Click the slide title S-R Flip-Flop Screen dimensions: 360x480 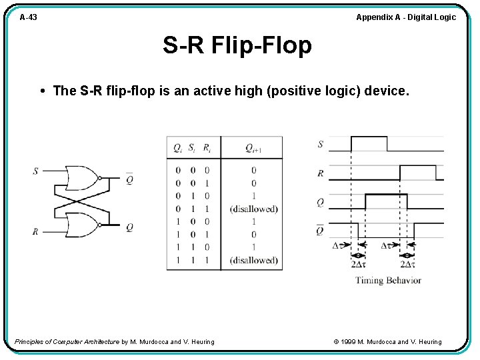pos(237,45)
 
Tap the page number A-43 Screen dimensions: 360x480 pos(28,17)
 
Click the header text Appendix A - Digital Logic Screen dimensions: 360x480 pos(406,17)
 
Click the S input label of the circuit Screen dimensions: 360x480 pos(35,171)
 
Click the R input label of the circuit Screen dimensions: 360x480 pos(35,231)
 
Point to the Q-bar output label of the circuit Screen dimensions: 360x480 pos(129,179)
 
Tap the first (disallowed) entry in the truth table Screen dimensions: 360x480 pos(253,209)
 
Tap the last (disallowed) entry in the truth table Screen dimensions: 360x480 pos(253,260)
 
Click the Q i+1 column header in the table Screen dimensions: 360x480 pos(253,149)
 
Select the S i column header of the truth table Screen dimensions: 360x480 pos(192,149)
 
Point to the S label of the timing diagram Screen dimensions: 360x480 pos(321,144)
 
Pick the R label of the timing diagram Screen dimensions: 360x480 pos(321,173)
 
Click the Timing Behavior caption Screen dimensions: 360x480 pos(388,280)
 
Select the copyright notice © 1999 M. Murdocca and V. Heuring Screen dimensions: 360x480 pos(387,342)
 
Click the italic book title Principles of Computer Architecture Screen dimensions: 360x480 pos(67,342)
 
